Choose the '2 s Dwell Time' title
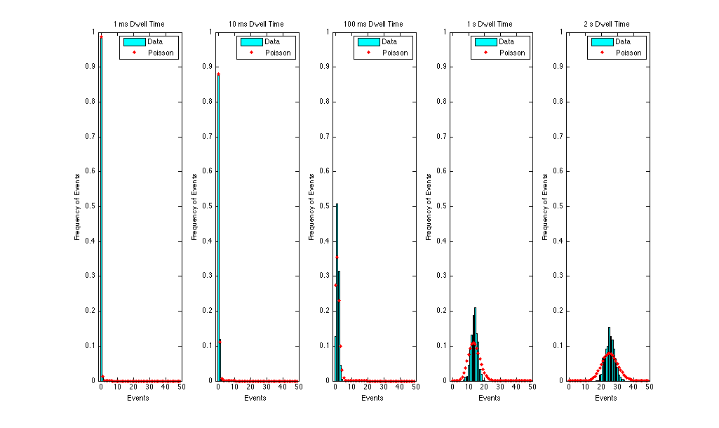(x=607, y=24)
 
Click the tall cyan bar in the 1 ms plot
(x=101, y=210)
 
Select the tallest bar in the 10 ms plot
(x=218, y=232)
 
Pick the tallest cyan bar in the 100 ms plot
(x=337, y=295)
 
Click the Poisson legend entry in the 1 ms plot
(x=161, y=53)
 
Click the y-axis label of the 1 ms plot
(x=78, y=206)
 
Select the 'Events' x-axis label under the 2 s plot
(x=607, y=399)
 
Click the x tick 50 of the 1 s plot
(x=532, y=387)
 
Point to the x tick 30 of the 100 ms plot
(x=383, y=387)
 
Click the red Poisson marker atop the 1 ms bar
(x=101, y=37)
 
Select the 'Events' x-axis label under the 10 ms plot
(x=255, y=399)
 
